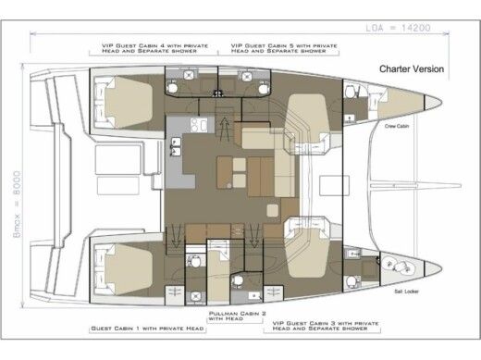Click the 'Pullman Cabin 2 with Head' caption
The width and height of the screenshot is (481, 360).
point(238,317)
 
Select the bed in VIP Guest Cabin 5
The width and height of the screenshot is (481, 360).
point(310,116)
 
